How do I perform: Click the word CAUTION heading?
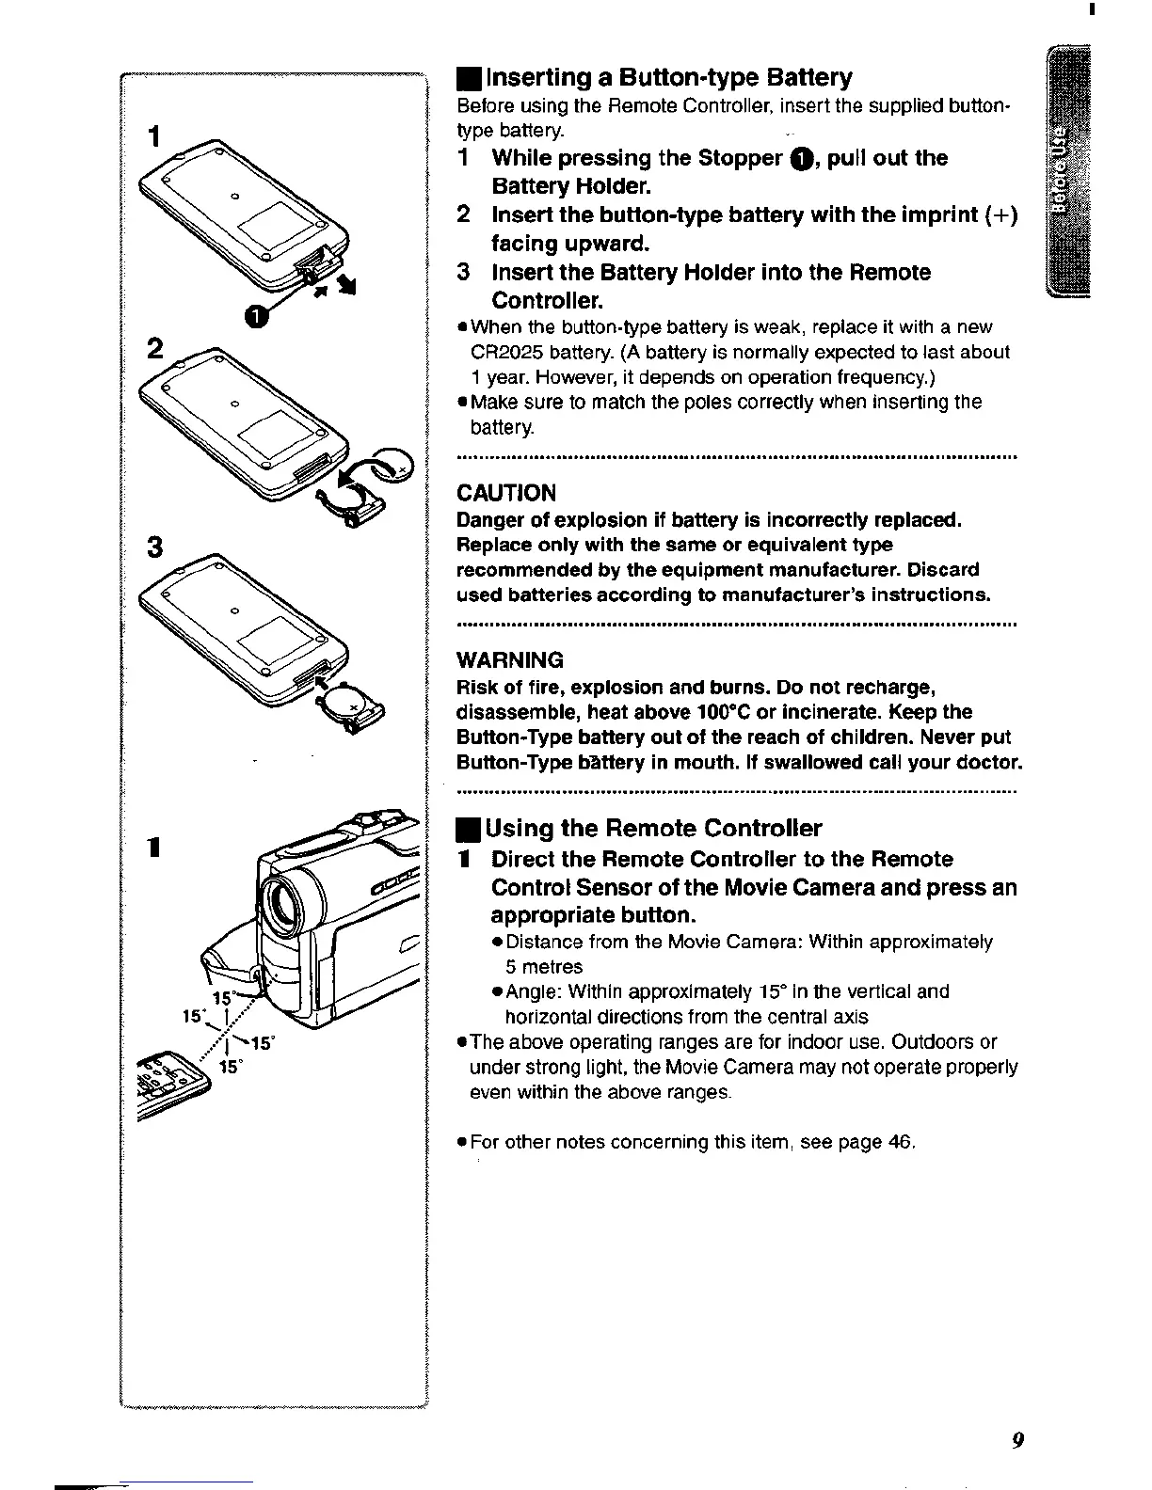coord(506,493)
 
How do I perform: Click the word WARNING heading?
coord(510,659)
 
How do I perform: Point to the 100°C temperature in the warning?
coord(738,712)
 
